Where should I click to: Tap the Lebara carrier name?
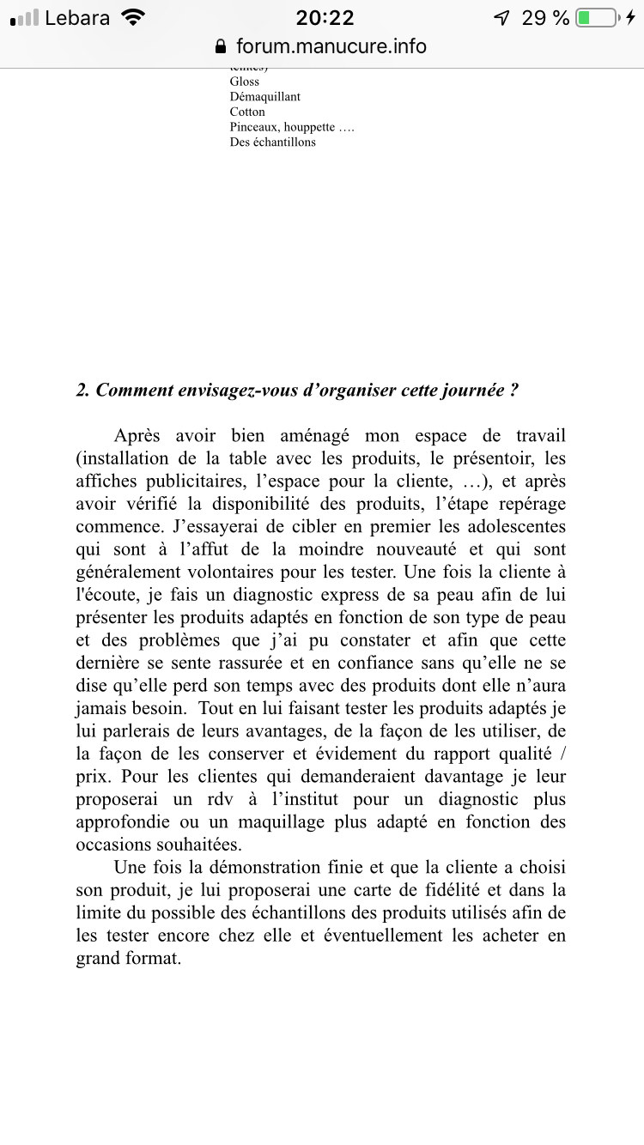77,18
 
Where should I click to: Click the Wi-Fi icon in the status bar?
133,18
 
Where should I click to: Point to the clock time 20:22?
325,18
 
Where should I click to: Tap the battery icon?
597,18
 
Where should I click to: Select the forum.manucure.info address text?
331,45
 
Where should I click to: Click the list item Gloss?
245,82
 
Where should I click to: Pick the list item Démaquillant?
265,97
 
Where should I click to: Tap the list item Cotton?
247,112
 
